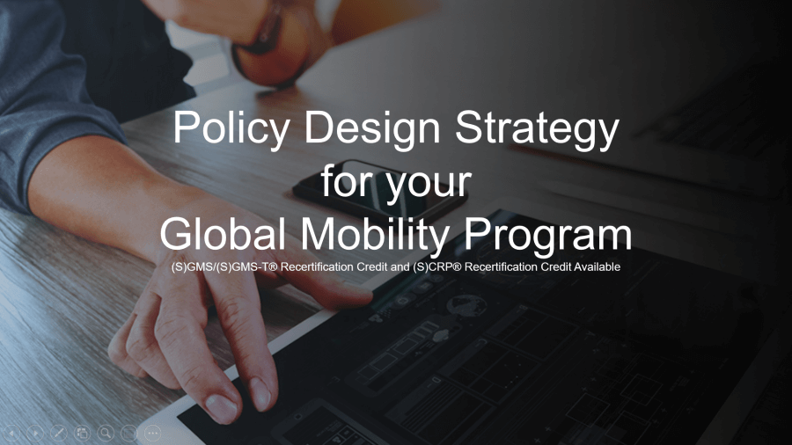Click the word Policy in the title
pos(231,129)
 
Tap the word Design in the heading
pos(371,128)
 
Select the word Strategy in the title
pos(537,129)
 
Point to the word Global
pos(223,233)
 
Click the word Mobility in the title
pos(375,235)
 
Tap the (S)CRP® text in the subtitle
pos(436,266)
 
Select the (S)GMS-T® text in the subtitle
pos(247,266)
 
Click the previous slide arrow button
pos(11,433)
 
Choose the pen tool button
pos(59,433)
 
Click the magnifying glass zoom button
pos(106,433)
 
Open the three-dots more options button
pos(152,433)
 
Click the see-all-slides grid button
pos(83,433)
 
